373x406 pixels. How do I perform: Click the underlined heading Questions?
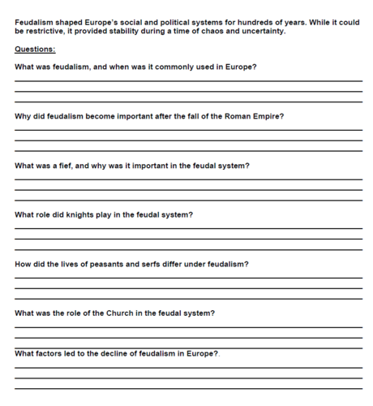coord(35,49)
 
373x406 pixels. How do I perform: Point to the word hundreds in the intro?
coord(280,22)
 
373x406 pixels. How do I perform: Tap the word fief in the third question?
coord(66,166)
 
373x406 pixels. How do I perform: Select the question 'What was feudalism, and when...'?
coord(135,67)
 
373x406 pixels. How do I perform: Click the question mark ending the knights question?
coord(191,215)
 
